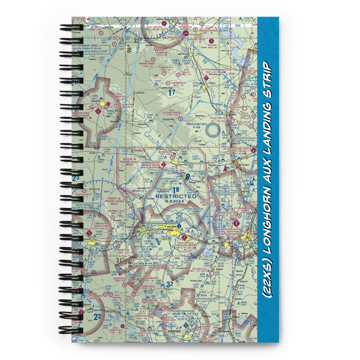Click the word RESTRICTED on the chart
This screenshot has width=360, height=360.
(x=176, y=197)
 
